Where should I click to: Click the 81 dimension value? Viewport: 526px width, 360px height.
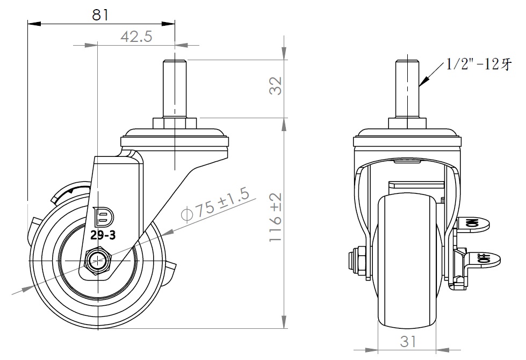coord(100,15)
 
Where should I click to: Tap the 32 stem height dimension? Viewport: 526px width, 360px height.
coord(276,85)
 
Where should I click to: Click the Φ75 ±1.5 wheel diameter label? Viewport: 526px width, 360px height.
coord(215,206)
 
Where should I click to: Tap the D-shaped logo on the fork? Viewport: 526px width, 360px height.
coord(104,217)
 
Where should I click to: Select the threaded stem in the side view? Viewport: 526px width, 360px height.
coord(175,89)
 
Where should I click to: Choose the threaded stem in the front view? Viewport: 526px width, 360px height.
coord(408,89)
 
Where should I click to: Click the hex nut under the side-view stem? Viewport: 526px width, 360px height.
coord(175,123)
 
